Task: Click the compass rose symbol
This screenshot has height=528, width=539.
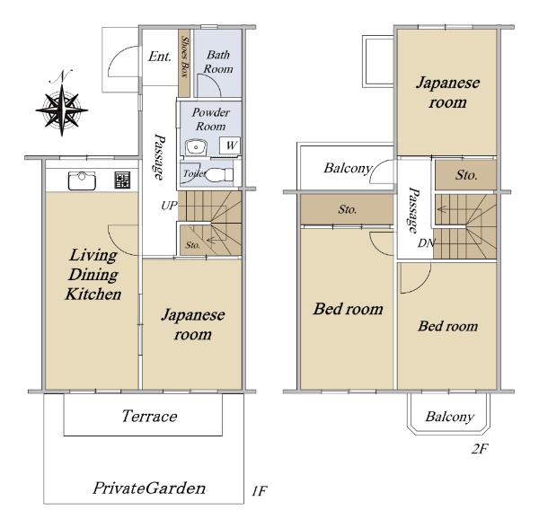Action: pyautogui.click(x=61, y=110)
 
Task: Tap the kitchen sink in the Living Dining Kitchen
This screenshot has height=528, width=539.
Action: pyautogui.click(x=82, y=180)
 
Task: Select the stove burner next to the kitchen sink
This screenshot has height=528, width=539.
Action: pyautogui.click(x=122, y=180)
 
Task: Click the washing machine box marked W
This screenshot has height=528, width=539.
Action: pyautogui.click(x=230, y=145)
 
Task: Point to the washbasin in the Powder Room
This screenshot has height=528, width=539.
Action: pyautogui.click(x=196, y=148)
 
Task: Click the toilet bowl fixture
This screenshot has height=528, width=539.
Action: pyautogui.click(x=220, y=174)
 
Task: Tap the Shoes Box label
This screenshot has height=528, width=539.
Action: pyautogui.click(x=185, y=57)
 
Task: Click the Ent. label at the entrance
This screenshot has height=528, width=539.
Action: pyautogui.click(x=160, y=57)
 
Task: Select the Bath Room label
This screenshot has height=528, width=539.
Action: pyautogui.click(x=218, y=62)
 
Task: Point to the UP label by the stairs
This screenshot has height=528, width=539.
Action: pyautogui.click(x=169, y=206)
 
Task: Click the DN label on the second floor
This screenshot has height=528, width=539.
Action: pyautogui.click(x=426, y=243)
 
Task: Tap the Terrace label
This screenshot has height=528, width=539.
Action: pyautogui.click(x=149, y=416)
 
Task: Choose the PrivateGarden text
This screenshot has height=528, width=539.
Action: pyautogui.click(x=149, y=488)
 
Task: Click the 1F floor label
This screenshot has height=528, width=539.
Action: pyautogui.click(x=259, y=491)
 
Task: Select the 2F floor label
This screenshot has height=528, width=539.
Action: pyautogui.click(x=480, y=449)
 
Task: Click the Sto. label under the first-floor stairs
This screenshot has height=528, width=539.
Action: pyautogui.click(x=192, y=245)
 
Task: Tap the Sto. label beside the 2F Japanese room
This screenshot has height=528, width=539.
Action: pyautogui.click(x=466, y=175)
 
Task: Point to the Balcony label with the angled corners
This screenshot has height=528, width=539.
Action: pyautogui.click(x=450, y=417)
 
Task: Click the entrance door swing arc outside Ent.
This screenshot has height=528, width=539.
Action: pyautogui.click(x=117, y=57)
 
